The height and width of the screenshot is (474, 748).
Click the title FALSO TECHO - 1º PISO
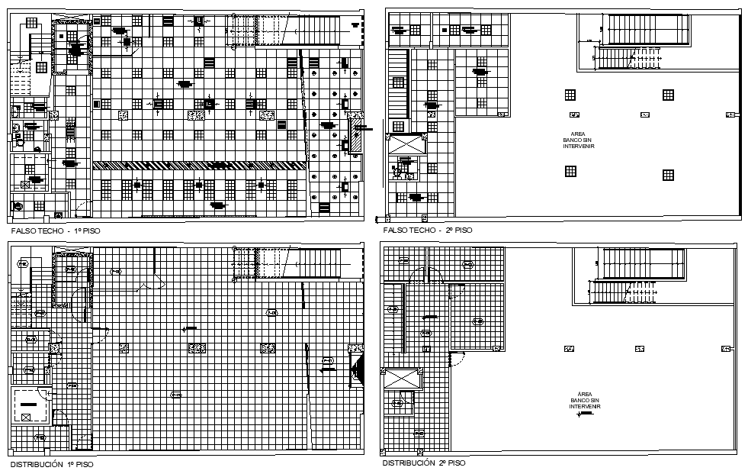pos(56,230)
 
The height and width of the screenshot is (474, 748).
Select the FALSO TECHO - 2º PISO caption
pos(427,230)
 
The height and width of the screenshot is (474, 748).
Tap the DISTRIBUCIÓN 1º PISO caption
pos(53,463)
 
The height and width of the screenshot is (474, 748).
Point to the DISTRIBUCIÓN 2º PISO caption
pos(423,463)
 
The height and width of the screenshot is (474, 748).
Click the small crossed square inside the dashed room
pos(27,416)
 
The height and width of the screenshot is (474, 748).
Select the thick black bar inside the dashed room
pos(28,403)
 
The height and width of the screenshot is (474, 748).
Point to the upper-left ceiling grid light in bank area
pos(570,95)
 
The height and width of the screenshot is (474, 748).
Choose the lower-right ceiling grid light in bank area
pos(668,175)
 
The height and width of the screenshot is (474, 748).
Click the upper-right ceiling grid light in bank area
pos(668,95)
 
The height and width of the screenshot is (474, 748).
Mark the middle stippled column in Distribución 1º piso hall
pos(197,348)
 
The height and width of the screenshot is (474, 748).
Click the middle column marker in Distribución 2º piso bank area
pos(638,349)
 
